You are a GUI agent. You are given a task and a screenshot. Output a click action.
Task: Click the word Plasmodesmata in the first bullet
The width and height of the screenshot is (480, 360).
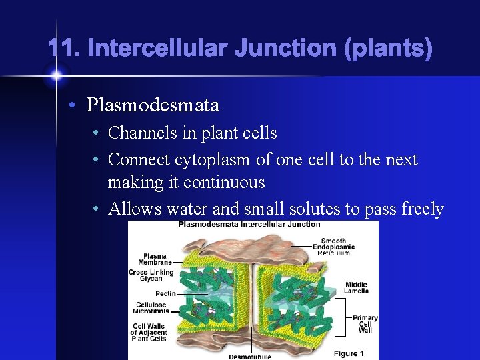tap(152, 105)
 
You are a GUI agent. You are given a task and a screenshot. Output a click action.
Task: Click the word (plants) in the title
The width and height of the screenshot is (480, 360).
tap(389, 48)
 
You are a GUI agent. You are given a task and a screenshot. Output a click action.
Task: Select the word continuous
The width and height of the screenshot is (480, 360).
tap(224, 183)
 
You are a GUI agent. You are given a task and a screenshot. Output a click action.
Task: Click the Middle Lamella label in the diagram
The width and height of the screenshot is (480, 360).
tap(356, 288)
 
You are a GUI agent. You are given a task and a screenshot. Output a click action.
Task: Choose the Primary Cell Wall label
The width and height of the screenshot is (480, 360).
tap(365, 323)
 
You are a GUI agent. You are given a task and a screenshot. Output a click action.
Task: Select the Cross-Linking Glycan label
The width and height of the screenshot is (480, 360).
tap(151, 275)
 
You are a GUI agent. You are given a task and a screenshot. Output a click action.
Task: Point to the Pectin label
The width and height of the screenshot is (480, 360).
tap(166, 293)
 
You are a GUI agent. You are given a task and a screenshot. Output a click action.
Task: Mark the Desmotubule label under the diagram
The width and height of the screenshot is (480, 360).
tap(250, 357)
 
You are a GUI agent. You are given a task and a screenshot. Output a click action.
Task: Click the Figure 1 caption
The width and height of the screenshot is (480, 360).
tap(350, 353)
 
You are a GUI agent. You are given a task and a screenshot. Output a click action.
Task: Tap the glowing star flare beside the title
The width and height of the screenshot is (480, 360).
tap(56, 75)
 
